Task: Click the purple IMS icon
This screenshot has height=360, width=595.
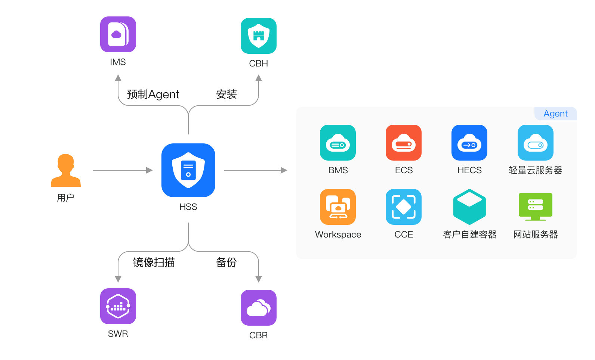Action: click(x=118, y=34)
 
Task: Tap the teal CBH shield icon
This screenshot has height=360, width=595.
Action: click(x=259, y=36)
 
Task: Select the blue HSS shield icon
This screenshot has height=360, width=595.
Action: click(x=188, y=170)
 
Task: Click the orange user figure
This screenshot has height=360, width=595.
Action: click(x=66, y=170)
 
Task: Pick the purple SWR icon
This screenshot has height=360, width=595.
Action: click(x=118, y=306)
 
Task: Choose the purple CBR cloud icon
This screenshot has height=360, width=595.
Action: click(x=259, y=308)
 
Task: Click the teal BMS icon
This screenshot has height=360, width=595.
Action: click(x=338, y=143)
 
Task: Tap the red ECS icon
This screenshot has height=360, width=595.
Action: click(x=404, y=143)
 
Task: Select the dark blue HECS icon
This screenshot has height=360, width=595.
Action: click(x=469, y=143)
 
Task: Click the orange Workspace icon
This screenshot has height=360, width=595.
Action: click(x=338, y=207)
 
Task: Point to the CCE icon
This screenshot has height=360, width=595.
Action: click(x=404, y=207)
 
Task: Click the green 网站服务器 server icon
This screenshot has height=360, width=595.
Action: click(x=536, y=207)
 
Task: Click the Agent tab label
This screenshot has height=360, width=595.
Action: click(x=555, y=114)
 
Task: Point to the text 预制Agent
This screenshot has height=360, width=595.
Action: click(x=153, y=94)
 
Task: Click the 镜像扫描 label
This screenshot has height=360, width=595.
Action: click(x=154, y=263)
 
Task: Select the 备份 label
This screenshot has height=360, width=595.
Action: click(x=226, y=263)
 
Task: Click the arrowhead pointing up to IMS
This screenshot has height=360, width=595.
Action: click(x=118, y=78)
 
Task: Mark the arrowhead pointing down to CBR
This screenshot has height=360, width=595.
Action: click(x=259, y=279)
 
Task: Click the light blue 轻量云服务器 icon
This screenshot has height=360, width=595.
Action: click(x=536, y=143)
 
